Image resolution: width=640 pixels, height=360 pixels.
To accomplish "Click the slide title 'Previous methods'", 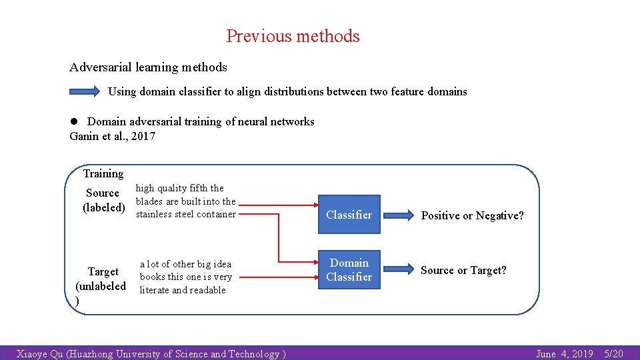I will click(293, 36).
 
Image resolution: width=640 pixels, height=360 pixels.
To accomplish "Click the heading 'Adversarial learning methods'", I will click(148, 67).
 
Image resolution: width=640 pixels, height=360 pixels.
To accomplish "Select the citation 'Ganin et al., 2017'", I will click(112, 136).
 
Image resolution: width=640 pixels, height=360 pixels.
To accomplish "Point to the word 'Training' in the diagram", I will click(103, 173).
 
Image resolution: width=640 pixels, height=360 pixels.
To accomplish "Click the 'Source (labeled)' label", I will click(103, 200).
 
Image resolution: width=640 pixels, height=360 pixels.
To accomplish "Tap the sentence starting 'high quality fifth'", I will click(186, 201).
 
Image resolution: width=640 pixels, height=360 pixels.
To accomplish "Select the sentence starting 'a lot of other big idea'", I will click(185, 277).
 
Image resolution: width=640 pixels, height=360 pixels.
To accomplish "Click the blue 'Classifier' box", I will click(349, 215).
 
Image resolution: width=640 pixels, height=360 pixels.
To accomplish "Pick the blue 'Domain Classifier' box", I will click(349, 270).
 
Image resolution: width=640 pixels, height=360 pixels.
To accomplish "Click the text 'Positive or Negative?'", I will click(472, 215).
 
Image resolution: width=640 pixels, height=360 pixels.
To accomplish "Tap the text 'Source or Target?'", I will click(463, 270).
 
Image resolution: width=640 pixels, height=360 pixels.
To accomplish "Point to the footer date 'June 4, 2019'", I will click(564, 354).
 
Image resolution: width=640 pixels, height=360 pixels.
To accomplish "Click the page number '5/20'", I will click(613, 354).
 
